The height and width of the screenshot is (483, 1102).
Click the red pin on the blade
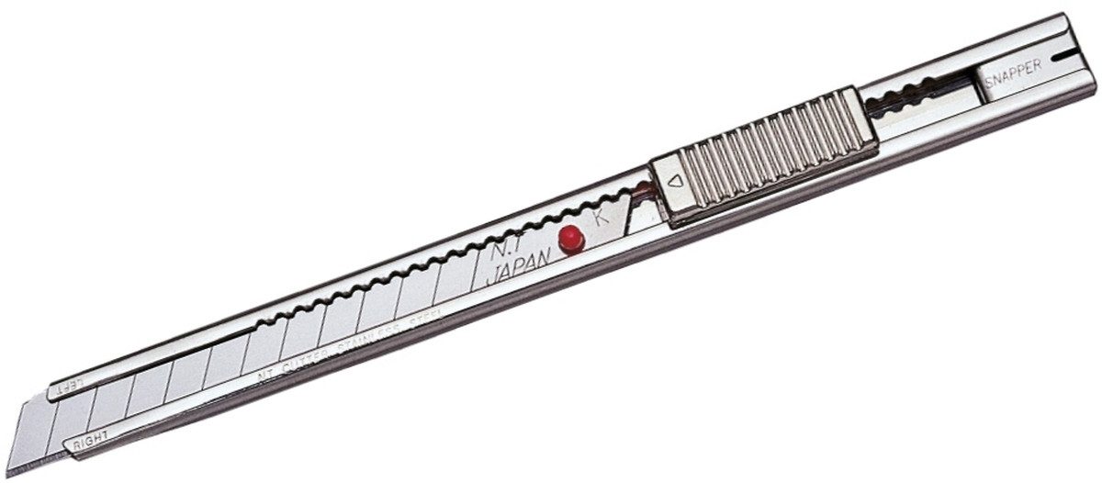point(571,238)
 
